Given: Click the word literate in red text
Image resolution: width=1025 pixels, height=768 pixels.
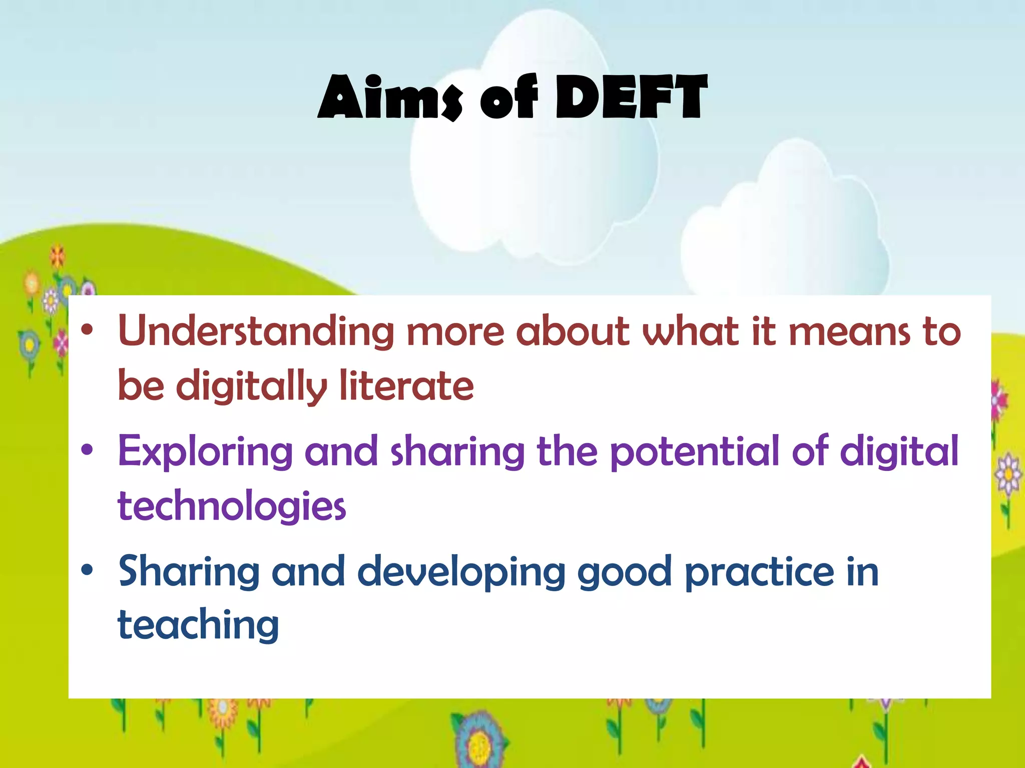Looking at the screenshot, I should [406, 386].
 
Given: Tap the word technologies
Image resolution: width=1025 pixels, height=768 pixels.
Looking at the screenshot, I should [232, 506].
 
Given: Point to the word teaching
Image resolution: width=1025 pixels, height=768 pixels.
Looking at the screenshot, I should [198, 625].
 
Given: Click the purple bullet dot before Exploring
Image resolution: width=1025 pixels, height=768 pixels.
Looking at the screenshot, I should [87, 449].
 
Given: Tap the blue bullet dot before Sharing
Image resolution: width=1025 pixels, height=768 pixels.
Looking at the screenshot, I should [87, 569].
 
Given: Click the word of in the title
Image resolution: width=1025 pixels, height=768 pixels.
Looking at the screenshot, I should [508, 97].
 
